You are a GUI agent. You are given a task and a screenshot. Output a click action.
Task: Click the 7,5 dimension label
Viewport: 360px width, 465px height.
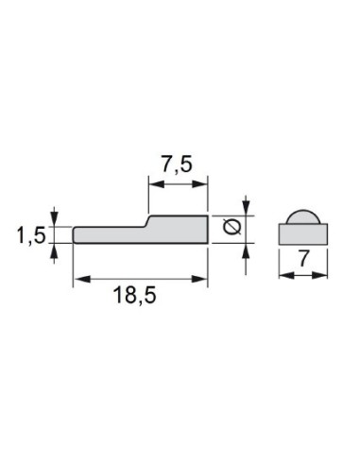(177, 164)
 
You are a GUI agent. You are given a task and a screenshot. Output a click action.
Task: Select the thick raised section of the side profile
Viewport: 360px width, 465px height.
(179, 229)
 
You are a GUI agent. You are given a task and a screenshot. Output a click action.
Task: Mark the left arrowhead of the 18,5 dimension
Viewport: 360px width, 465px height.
(78, 278)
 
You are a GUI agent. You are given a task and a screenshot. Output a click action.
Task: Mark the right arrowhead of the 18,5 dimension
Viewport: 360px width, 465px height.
(203, 278)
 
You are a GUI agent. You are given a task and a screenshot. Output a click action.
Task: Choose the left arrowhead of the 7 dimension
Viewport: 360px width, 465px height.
(284, 274)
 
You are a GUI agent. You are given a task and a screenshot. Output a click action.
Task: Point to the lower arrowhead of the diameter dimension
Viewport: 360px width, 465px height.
(246, 249)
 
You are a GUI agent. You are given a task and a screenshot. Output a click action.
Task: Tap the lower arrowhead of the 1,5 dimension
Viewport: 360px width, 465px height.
(56, 250)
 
